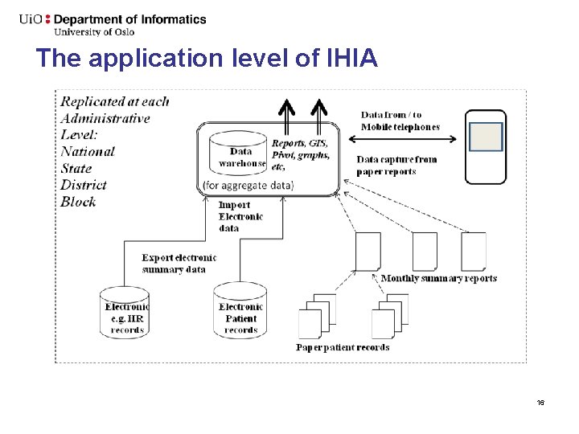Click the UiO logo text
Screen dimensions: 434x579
tap(32, 19)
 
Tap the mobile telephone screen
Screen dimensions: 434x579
tap(486, 137)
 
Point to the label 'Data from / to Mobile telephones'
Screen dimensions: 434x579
tap(400, 121)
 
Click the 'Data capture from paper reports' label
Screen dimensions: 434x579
tap(396, 165)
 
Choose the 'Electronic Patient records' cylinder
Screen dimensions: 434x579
tap(240, 312)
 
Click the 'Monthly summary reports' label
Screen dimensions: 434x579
tap(438, 278)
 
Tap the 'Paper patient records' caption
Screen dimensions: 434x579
tap(343, 347)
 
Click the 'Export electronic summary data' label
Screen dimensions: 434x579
tap(179, 264)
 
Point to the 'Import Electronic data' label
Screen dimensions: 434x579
tap(240, 216)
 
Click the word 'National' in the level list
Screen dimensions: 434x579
tap(88, 151)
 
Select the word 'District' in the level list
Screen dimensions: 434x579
tap(84, 185)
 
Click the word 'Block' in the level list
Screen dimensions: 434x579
tap(78, 202)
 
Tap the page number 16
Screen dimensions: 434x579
tap(540, 402)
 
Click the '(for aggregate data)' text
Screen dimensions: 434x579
tap(248, 186)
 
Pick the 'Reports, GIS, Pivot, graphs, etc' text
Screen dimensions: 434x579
tap(300, 155)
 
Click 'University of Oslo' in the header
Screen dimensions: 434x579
tap(93, 32)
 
